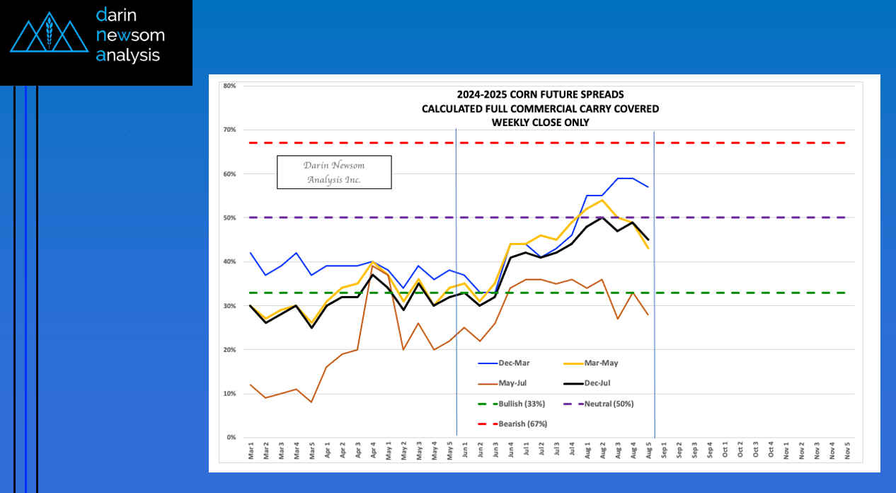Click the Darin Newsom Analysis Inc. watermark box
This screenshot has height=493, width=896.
(x=334, y=172)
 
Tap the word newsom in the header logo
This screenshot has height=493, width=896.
(x=130, y=35)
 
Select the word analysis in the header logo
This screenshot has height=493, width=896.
(x=128, y=55)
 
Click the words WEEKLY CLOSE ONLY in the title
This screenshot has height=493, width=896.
(x=540, y=122)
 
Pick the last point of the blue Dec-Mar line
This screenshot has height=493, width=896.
(x=648, y=187)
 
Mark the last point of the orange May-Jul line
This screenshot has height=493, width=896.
(x=648, y=314)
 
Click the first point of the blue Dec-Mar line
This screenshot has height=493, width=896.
(x=251, y=253)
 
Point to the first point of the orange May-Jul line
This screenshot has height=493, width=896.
(x=251, y=385)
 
